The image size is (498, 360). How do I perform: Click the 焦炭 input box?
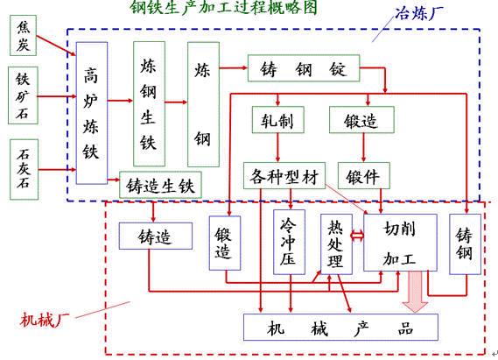23,35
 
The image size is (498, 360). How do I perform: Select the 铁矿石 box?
23,95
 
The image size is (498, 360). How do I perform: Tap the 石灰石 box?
24,169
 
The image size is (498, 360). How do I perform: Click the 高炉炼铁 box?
92,113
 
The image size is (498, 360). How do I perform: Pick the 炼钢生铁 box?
149,104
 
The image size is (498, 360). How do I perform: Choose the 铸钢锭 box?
304,68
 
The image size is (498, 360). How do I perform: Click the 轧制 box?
278,120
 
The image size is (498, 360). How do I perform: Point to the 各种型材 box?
284,176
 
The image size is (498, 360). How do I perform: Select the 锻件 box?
364,176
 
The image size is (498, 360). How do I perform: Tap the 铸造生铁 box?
160,185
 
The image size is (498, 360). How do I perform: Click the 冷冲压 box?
290,242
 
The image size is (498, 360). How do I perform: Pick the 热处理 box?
336,244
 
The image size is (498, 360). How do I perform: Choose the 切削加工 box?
400,243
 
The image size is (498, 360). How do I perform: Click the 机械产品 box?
340,328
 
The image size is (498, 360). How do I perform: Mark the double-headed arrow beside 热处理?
358,236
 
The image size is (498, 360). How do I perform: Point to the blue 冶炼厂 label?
419,13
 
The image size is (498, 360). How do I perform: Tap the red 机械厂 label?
45,320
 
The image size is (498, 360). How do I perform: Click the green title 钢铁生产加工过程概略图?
224,7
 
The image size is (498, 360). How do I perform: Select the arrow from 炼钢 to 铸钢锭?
234,67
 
